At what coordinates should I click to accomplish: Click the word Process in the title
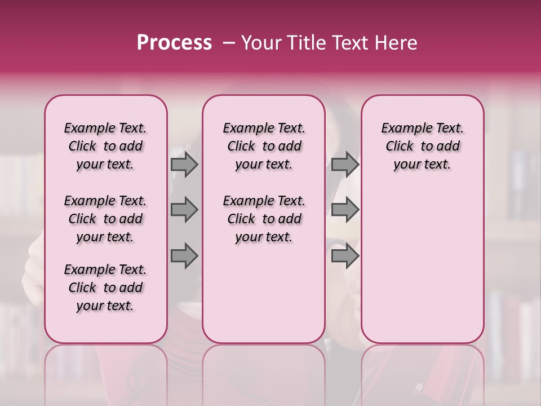click(x=174, y=43)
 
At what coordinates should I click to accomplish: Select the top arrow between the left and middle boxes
click(x=184, y=165)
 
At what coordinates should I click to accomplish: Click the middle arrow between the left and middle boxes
click(x=184, y=210)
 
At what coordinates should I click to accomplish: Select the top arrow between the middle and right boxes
click(x=345, y=165)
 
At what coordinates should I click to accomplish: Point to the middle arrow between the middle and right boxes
click(x=345, y=210)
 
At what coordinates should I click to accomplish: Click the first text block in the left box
click(x=105, y=146)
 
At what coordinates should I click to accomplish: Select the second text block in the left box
click(x=105, y=219)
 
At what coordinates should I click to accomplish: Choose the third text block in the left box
click(x=105, y=288)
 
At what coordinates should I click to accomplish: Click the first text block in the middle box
click(x=264, y=146)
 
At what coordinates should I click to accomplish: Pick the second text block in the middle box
click(x=264, y=219)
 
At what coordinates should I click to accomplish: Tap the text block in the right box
click(x=423, y=146)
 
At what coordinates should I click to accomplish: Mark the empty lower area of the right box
click(x=423, y=265)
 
